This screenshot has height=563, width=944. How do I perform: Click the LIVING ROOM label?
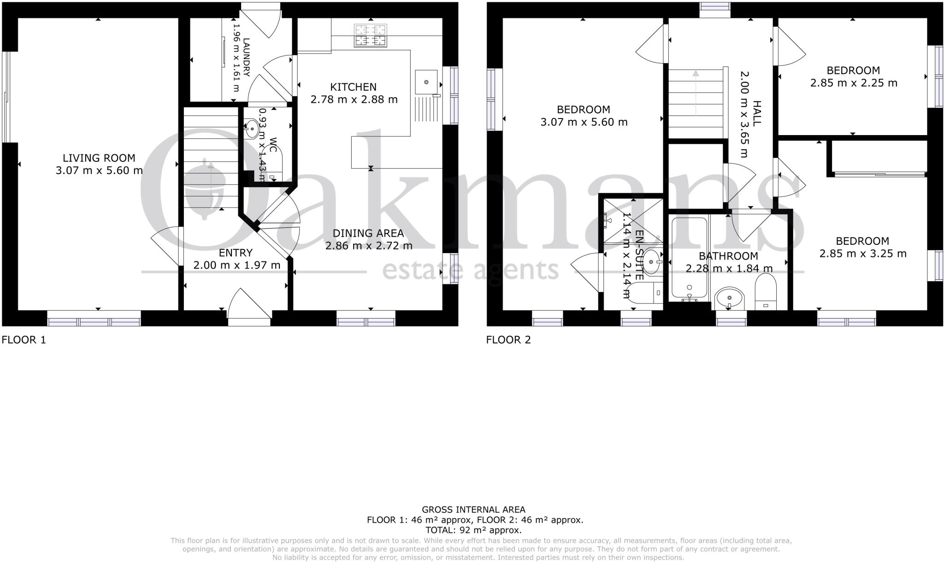click(x=99, y=158)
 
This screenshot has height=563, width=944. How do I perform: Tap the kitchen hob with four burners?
click(x=370, y=36)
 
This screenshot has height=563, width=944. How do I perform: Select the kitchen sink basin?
click(x=426, y=82)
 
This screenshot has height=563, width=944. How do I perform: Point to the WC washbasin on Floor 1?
click(x=252, y=129)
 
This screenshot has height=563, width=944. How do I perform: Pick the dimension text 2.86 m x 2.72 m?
click(x=369, y=246)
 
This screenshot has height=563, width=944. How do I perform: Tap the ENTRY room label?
click(x=236, y=253)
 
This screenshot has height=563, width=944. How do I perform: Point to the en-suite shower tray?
click(x=632, y=220)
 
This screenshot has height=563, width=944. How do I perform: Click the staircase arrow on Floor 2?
click(x=695, y=92)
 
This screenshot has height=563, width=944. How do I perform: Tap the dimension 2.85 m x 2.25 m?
click(x=854, y=83)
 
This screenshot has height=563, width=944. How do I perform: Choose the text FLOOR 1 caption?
click(x=24, y=340)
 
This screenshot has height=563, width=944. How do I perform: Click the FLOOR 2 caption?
click(x=508, y=340)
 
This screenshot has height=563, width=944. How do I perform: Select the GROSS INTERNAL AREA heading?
click(x=473, y=510)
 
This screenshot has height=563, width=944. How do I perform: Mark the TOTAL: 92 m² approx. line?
click(x=473, y=530)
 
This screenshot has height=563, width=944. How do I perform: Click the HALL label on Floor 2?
click(x=756, y=113)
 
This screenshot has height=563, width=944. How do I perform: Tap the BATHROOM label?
click(x=728, y=256)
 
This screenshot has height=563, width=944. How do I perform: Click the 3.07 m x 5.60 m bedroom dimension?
click(x=584, y=122)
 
